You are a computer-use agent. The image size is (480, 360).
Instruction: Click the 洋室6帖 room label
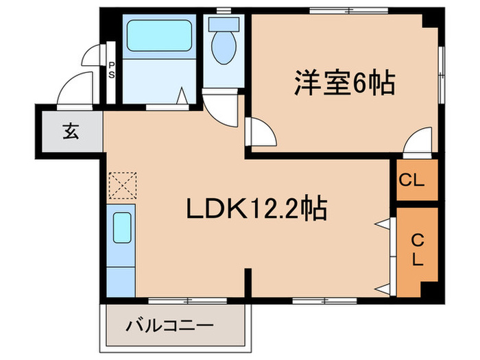[344, 84]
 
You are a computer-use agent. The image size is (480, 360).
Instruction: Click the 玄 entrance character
[71, 131]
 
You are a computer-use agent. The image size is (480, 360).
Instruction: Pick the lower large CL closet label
[416, 250]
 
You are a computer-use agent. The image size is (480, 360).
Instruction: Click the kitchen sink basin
[122, 228]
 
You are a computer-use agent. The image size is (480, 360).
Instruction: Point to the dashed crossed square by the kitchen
[123, 184]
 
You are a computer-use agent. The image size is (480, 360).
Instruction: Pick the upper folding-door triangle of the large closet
[381, 224]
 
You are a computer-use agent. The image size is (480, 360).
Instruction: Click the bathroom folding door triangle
[183, 96]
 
